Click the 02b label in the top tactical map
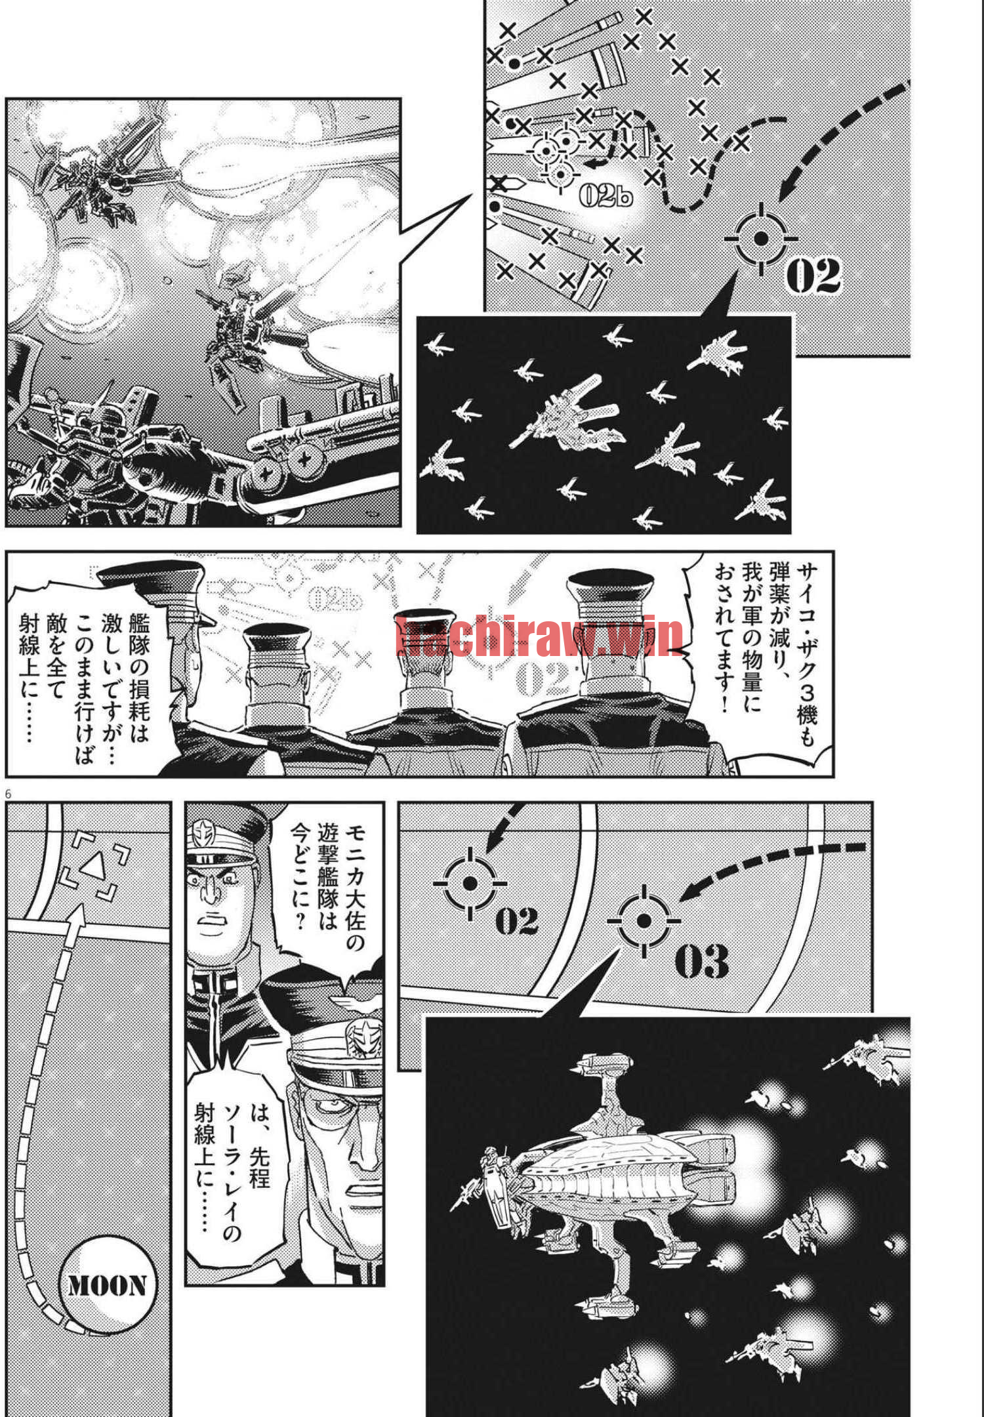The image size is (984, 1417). point(605,194)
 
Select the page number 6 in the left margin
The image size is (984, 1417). point(9,794)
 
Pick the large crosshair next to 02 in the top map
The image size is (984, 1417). point(761,239)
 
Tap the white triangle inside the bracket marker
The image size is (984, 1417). point(93,867)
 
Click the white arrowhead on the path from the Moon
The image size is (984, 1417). point(77,917)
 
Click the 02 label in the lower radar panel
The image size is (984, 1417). point(516,921)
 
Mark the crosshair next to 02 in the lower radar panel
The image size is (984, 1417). point(470,884)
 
